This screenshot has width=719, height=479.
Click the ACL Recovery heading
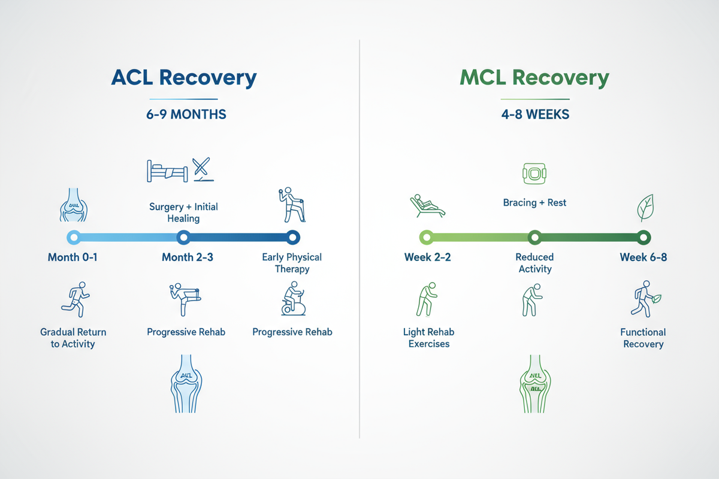pos(184,78)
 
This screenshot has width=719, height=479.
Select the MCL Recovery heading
pos(534,78)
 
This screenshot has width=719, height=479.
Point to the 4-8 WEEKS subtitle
pos(534,114)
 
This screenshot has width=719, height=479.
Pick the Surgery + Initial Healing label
pos(183,213)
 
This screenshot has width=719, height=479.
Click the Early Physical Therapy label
pos(292,263)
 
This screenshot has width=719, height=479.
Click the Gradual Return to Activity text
pos(73,338)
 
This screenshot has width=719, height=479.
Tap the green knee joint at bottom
pos(534,383)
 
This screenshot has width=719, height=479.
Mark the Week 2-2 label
pos(427,257)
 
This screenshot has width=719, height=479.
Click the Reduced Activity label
pos(534,263)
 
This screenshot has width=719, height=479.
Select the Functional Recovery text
pos(643,338)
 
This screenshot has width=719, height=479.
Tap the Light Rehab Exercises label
pos(429,338)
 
